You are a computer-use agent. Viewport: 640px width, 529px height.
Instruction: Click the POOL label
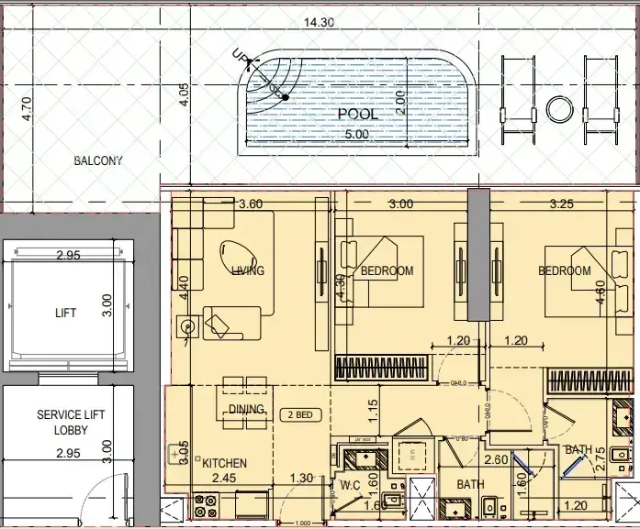coord(357,114)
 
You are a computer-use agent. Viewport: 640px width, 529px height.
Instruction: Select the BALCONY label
coord(98,160)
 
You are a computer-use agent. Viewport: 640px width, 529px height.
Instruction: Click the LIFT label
coord(65,313)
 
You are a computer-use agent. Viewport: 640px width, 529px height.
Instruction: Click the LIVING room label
coord(248,270)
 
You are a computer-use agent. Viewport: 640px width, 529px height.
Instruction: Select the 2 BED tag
coord(298,414)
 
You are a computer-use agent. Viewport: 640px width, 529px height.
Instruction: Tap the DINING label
coord(247,409)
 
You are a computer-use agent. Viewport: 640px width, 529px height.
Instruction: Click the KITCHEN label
coord(225,464)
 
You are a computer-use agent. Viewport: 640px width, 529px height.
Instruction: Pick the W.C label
coord(349,485)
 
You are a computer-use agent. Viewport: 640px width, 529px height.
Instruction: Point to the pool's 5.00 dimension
coord(355,134)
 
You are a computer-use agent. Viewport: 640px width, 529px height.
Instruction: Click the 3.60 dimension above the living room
coord(251,204)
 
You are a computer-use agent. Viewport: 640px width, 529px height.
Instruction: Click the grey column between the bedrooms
coord(478,254)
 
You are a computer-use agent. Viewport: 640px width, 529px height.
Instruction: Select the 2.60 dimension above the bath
coord(497,460)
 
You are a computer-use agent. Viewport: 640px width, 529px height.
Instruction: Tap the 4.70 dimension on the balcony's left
coord(27,109)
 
